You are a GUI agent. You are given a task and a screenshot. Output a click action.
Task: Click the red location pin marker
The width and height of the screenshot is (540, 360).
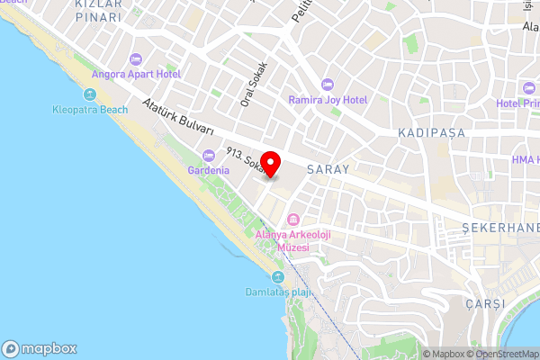click(x=271, y=165)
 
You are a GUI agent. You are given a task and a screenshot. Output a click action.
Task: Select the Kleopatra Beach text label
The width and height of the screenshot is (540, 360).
click(x=89, y=110)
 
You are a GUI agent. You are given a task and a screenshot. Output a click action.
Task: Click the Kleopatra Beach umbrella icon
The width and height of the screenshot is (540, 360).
click(x=89, y=94)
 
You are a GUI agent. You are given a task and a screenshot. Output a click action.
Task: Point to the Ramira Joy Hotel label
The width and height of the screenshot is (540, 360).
click(x=327, y=100)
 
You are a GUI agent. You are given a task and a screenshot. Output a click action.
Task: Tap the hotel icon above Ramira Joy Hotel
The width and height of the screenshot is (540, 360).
click(x=327, y=84)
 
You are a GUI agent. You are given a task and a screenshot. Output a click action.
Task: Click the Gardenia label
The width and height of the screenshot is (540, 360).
click(x=208, y=170)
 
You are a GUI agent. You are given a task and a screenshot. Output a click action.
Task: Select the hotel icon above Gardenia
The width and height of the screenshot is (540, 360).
click(x=208, y=155)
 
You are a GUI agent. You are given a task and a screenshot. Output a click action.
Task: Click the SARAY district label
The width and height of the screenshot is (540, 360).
click(x=327, y=168)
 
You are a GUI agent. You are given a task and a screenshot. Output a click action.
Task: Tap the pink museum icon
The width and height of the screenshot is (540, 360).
click(x=293, y=220)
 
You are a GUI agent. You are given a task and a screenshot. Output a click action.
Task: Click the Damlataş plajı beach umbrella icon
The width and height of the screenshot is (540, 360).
click(x=278, y=276)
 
